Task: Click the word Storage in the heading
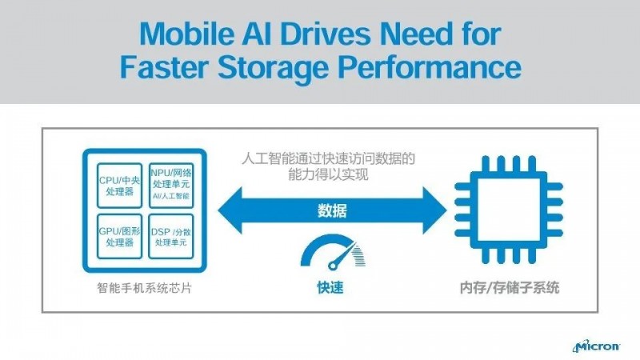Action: click(x=279, y=67)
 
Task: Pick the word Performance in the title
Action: click(x=431, y=67)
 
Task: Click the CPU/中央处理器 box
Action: click(x=118, y=186)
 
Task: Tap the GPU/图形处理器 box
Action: click(x=118, y=236)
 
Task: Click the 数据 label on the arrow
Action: click(x=332, y=211)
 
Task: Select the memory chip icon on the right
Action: click(x=497, y=211)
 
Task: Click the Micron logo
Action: click(x=596, y=346)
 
